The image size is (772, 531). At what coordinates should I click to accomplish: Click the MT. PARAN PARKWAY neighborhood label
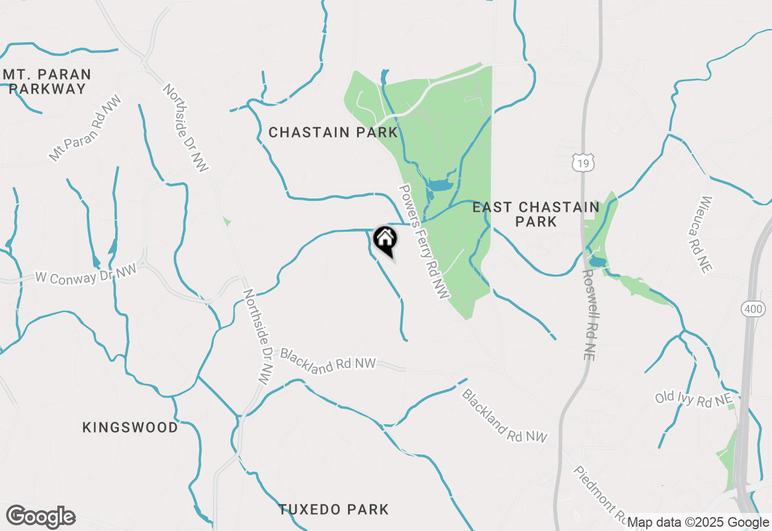coord(47,82)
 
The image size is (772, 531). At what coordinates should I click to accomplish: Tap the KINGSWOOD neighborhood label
coord(130,428)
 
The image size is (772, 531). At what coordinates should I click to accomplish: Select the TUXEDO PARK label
coord(334,510)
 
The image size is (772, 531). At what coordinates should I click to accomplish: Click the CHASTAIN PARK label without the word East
coord(333,132)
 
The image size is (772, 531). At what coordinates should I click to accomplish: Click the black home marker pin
coord(385,240)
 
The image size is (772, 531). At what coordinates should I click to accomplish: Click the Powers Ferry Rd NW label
coord(425,241)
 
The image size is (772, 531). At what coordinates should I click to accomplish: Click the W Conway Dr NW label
coord(86,275)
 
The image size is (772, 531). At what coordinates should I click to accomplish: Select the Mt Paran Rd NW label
coord(85,128)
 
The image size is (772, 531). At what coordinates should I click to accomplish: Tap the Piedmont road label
coord(600,494)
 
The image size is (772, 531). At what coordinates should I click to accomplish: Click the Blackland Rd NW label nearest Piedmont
coord(504,416)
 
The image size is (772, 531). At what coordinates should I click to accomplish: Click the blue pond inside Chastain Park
coord(440,184)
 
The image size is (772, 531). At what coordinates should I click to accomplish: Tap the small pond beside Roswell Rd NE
coord(598,262)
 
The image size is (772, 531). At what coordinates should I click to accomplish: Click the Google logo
coord(40,517)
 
